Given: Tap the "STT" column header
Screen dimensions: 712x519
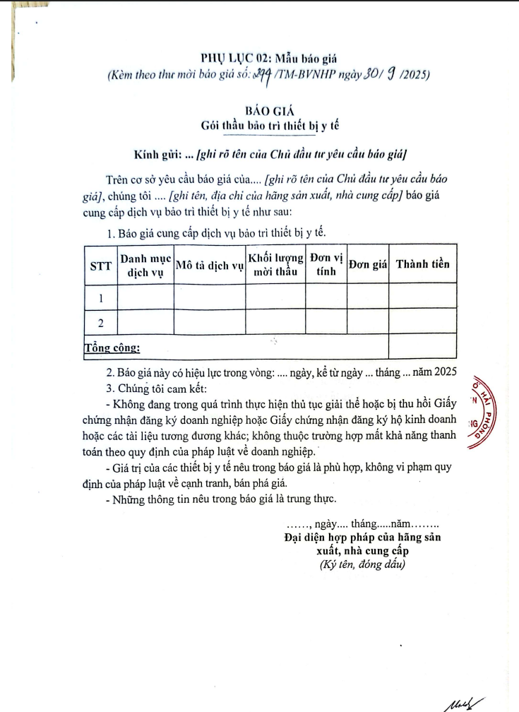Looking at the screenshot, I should coord(100,265).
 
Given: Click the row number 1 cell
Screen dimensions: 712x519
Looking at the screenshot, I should coord(100,297).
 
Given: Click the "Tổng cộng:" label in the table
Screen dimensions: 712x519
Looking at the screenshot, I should coord(112,348).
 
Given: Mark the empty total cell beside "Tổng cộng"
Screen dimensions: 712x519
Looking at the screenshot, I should coord(422,346).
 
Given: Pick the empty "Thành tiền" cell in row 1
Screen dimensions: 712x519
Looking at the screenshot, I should coord(422,297).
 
